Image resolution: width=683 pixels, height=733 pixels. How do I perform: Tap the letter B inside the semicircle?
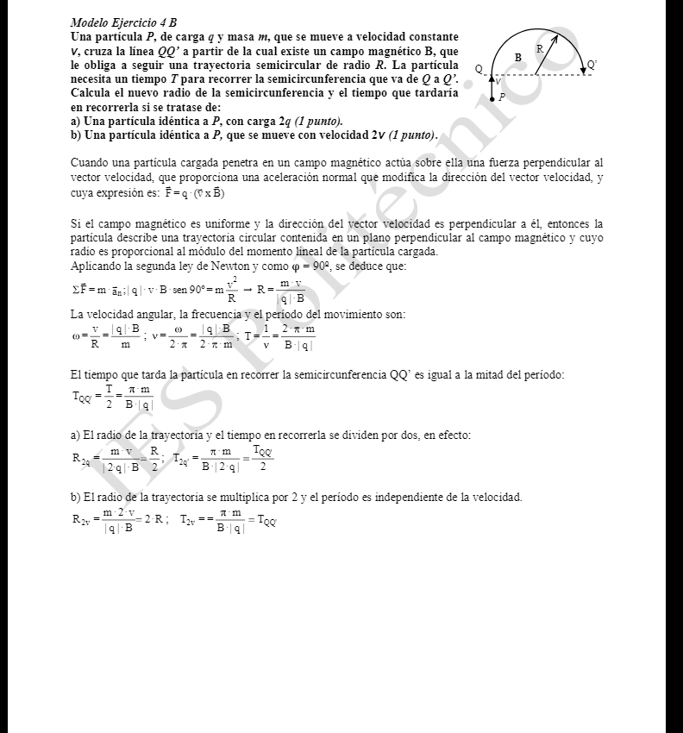[517, 57]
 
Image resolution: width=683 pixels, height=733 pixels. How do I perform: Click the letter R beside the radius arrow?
[539, 50]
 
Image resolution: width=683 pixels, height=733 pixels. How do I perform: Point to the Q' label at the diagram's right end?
[591, 65]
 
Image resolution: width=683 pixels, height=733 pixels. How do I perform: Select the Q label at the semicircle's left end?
[479, 69]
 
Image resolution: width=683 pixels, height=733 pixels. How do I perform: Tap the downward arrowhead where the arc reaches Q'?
[582, 71]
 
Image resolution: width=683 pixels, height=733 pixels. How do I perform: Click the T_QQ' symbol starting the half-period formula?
[82, 397]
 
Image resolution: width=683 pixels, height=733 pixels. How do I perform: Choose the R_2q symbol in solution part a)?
[81, 461]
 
